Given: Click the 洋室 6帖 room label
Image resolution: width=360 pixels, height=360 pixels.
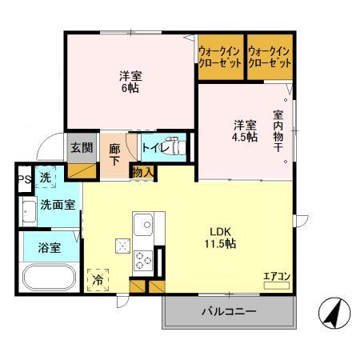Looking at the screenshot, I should click(130, 82).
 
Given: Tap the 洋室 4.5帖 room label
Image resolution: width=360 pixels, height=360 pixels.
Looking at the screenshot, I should click(246, 131).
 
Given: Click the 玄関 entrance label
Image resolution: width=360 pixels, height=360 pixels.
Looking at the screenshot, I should click(81, 147).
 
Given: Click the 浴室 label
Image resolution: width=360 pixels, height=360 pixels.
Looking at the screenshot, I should click(49, 248).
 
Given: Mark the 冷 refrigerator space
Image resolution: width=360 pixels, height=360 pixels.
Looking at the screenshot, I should click(98, 280).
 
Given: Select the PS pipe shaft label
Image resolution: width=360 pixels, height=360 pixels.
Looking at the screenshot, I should click(24, 178).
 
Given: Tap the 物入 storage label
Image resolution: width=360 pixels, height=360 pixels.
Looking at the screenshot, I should click(143, 172).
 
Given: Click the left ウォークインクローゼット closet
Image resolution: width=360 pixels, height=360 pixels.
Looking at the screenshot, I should click(220, 58).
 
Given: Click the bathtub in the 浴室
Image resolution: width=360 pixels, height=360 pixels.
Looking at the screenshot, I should click(50, 279).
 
